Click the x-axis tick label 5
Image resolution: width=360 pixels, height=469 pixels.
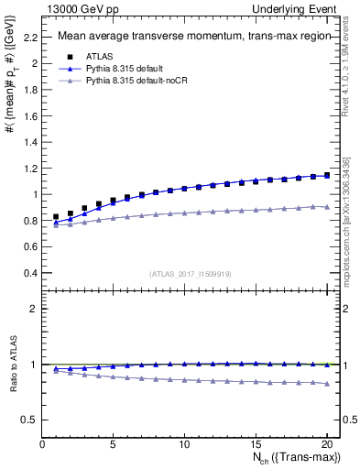pos(113,444)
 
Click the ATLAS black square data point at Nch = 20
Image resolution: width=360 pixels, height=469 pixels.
pos(326,174)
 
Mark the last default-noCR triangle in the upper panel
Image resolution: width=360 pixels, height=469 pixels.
pos(326,207)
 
